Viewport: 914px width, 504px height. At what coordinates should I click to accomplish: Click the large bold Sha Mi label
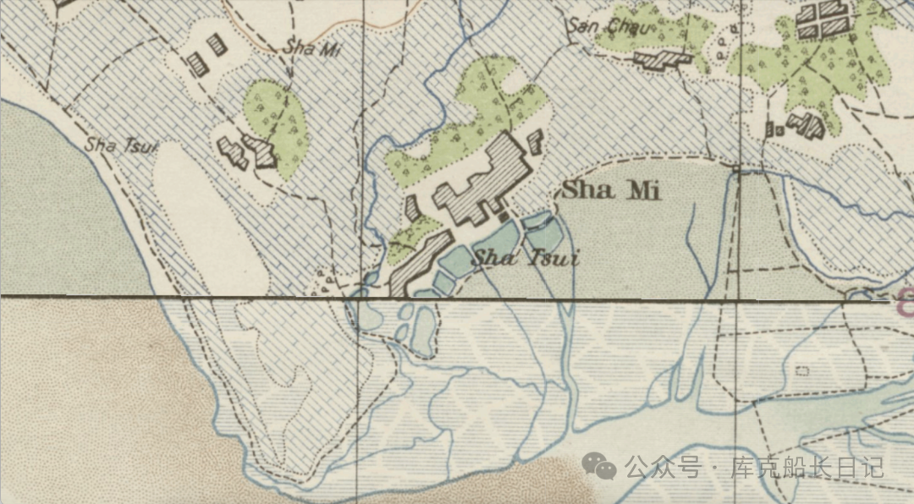(611, 190)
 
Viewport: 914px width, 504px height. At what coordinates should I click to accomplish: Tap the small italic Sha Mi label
(315, 49)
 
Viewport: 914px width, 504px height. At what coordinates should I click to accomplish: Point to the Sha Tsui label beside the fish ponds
(525, 257)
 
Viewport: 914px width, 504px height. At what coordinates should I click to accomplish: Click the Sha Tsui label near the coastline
(122, 145)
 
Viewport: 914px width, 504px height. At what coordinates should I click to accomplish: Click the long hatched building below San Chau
(663, 59)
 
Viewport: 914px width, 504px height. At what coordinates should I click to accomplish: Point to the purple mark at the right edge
(906, 298)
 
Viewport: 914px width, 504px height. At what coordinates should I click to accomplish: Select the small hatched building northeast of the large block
(534, 140)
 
